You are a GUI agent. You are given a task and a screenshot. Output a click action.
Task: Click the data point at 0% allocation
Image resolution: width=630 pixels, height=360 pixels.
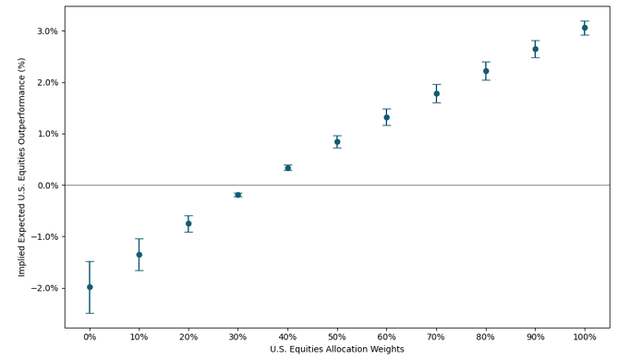coord(90,287)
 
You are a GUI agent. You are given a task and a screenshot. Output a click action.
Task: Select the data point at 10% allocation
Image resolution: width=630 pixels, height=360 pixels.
coord(139,255)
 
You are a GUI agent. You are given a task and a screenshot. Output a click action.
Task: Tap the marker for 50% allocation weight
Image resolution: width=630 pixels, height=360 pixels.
coord(337,142)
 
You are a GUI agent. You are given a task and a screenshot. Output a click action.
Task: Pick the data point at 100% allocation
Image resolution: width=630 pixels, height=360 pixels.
coord(585,28)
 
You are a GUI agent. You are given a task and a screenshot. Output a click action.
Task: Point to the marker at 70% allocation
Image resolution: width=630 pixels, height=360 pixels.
coord(436,93)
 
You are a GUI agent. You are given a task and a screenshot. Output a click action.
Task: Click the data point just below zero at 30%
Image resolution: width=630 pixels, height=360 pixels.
coord(238,195)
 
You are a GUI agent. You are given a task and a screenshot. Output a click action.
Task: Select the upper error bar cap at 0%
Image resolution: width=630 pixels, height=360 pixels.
coord(90,261)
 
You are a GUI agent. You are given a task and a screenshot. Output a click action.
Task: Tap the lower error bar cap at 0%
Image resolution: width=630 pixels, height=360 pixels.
coord(90,313)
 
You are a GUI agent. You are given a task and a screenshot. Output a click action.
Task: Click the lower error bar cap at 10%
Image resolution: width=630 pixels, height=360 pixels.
coord(139,270)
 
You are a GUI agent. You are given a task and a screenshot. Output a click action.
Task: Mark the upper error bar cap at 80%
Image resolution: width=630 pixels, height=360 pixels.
coord(486,62)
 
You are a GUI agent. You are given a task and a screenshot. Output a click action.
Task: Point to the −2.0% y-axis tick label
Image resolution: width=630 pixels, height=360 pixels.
coord(42,288)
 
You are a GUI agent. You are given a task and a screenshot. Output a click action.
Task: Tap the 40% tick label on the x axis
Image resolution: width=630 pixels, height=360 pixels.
coord(287,337)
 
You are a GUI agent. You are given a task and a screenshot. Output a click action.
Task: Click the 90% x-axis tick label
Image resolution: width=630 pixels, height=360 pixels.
coord(535,337)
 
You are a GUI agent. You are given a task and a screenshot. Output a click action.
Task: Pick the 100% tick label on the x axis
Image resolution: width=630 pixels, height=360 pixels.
coord(585,337)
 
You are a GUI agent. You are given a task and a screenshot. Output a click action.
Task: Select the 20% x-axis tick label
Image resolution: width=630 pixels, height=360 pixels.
coord(188,337)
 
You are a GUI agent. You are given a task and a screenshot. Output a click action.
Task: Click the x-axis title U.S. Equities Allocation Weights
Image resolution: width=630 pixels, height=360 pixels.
coord(337,350)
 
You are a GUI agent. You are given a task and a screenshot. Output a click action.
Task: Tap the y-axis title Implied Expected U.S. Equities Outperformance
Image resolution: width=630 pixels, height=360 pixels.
coord(22,167)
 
